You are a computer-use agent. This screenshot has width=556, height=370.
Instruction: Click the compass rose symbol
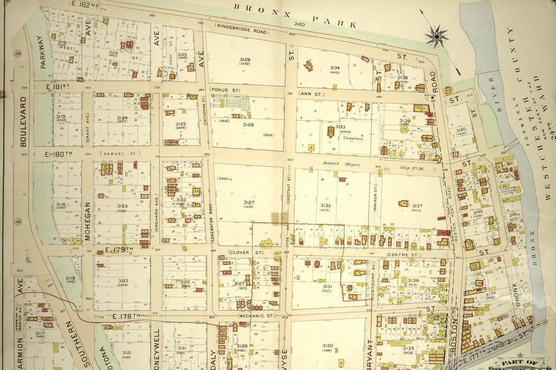(x=437, y=36)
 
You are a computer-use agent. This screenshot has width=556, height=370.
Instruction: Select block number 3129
(x=245, y=60)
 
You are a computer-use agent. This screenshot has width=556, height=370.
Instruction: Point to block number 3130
(x=327, y=346)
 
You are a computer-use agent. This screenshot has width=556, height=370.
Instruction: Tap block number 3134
(x=335, y=68)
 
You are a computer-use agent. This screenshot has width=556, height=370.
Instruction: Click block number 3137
(x=416, y=206)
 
